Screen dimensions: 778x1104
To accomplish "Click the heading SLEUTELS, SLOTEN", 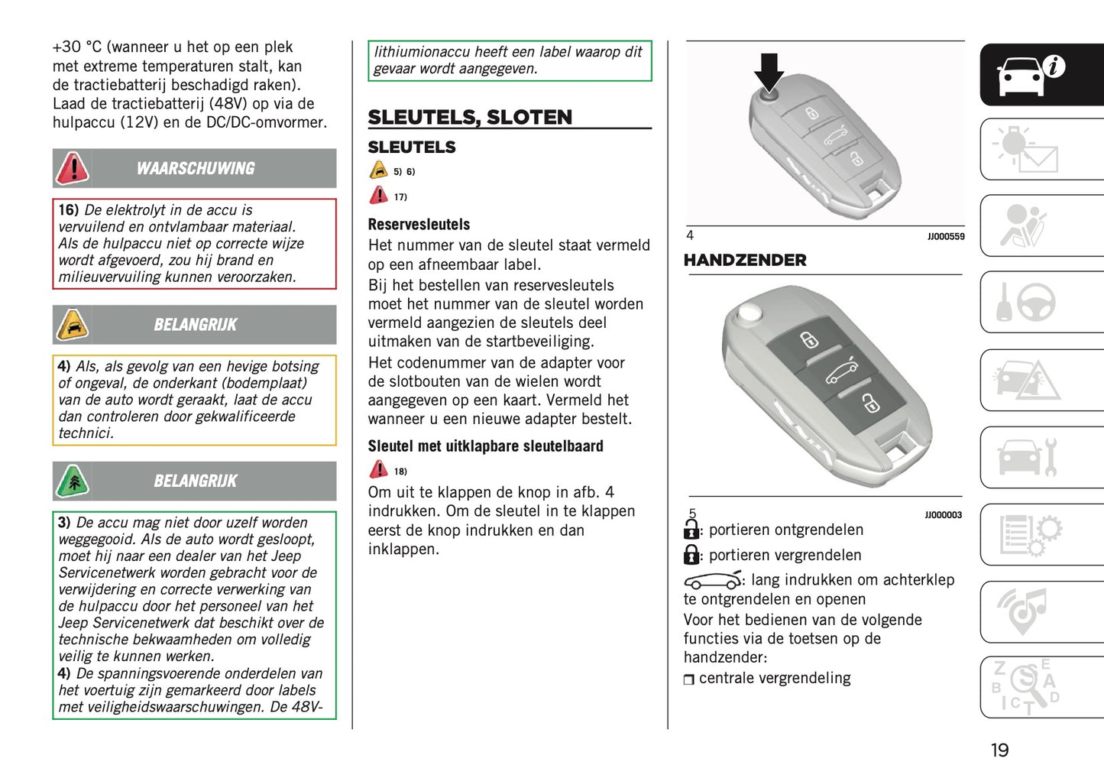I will point(470,117).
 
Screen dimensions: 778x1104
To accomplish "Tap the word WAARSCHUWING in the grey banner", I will point(196,168).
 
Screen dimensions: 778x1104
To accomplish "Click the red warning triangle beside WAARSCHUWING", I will point(73,167).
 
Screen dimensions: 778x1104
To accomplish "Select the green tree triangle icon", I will point(73,481).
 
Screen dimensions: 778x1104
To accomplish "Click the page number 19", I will point(999,750).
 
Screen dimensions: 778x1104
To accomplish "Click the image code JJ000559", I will point(946,237).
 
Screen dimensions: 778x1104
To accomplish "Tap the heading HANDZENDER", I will point(745,260).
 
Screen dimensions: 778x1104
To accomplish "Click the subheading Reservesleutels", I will point(419,224).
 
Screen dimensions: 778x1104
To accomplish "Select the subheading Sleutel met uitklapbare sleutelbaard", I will point(485,446).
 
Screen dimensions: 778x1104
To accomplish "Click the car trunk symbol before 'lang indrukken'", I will point(712,581).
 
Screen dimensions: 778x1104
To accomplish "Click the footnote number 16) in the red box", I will point(69,209).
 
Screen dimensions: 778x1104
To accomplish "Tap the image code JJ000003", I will point(943,515).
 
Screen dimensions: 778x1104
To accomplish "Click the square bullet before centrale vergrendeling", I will point(689,679).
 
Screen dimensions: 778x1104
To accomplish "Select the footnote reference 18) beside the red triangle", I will point(400,472).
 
